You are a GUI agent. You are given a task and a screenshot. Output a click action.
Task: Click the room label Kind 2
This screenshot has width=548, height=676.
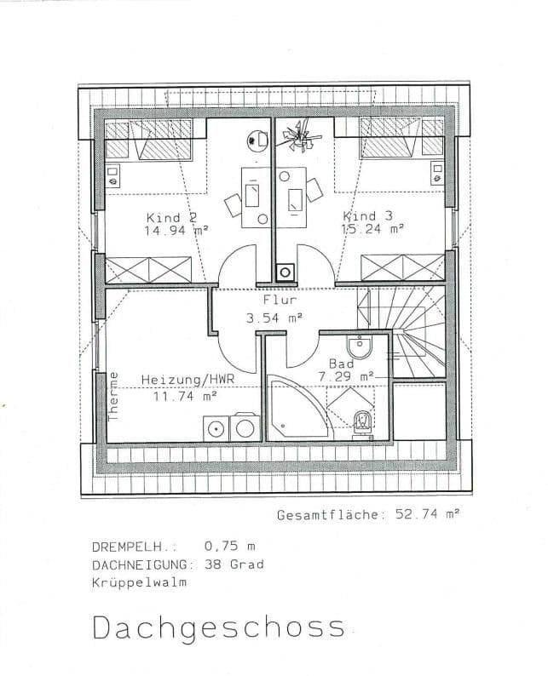[x=176, y=217]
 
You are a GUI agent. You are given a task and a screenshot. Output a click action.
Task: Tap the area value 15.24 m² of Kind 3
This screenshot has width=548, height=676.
[x=372, y=229]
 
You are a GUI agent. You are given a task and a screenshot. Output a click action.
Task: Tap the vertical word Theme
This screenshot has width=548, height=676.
[x=113, y=396]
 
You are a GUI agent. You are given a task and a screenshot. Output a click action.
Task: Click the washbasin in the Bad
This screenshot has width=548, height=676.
[x=359, y=347]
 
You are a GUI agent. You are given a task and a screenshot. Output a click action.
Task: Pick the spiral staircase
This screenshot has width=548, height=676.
[x=407, y=328]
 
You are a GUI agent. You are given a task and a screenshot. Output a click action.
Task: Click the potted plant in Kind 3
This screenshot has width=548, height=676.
[x=298, y=134]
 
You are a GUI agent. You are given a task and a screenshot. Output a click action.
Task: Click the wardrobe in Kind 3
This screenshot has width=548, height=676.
[x=402, y=267]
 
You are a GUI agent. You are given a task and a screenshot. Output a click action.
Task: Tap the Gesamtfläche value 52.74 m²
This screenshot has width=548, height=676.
[x=426, y=515]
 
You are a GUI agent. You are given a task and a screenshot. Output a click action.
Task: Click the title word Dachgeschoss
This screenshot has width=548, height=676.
[x=218, y=627]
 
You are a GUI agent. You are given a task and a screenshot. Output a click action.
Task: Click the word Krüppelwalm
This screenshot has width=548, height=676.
[x=139, y=583]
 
